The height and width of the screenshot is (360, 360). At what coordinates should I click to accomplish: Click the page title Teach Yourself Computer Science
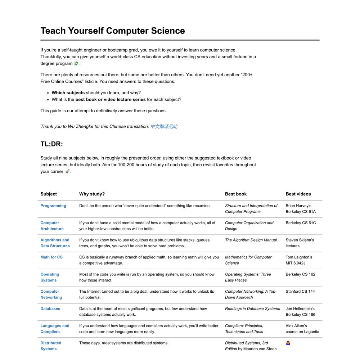coord(112,31)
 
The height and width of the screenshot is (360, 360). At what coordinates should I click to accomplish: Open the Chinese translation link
coord(164,126)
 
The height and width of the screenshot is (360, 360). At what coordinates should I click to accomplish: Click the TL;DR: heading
coord(51,144)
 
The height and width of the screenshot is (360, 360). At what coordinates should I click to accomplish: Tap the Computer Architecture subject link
coord(52,226)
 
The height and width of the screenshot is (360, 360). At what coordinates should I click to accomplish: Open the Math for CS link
coord(51,257)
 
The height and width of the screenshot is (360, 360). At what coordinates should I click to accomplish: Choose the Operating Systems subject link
coord(50,277)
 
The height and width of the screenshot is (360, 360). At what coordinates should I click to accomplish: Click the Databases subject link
coord(50,309)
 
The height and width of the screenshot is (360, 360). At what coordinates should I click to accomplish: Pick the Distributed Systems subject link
coord(51,346)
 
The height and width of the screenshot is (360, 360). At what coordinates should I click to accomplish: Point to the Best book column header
coord(236,194)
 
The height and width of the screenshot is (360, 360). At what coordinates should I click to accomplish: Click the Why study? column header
coord(92,194)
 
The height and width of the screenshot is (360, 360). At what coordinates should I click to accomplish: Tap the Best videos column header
coord(298,194)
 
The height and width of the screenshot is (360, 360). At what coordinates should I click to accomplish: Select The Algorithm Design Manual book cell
coord(251,240)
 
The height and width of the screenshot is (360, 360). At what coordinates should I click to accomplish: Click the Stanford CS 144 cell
coord(300,292)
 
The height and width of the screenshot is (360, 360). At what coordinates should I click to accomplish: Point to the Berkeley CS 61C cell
coord(301,223)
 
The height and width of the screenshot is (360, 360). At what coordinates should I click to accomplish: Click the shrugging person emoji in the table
coord(288,343)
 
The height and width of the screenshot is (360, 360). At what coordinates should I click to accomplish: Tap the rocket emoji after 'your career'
coord(67,171)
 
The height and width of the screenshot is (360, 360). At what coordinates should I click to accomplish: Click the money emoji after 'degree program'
coord(76,63)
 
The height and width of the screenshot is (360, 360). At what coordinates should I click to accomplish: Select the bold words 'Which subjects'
coord(68,93)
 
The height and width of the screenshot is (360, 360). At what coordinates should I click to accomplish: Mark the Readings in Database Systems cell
coord(252,309)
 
